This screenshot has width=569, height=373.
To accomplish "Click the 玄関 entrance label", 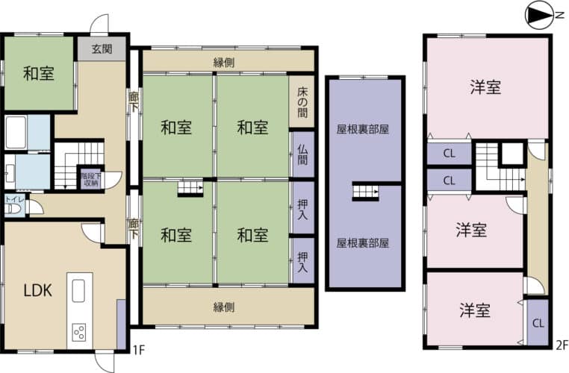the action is [x=102, y=49].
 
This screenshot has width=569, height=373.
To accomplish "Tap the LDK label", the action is [x=38, y=290].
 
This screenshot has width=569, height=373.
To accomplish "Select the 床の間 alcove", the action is [x=302, y=101].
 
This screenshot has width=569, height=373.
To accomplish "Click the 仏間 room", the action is [x=303, y=154].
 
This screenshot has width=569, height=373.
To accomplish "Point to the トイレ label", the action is [x=14, y=199].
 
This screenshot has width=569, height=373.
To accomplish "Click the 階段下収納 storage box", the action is [x=90, y=179].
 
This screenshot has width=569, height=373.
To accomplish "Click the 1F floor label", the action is [x=139, y=350].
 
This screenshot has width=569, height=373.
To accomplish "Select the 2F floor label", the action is [x=562, y=345].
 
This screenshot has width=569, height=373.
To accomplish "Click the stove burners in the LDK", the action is [x=79, y=332].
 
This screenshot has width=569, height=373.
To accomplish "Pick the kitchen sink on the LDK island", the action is [x=78, y=290].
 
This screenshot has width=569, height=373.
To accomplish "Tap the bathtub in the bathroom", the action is [x=16, y=132].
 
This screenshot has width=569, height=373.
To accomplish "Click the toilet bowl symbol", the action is [x=14, y=210].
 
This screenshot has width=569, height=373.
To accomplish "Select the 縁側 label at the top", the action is [x=224, y=63].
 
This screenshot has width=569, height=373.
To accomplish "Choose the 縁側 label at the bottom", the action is [x=224, y=307].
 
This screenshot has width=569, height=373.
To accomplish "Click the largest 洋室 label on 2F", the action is [x=485, y=87].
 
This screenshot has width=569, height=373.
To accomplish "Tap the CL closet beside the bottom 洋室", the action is [x=538, y=322].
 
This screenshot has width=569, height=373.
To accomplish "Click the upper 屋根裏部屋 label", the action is [x=363, y=129].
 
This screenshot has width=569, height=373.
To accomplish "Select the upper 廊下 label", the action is [x=134, y=103].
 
